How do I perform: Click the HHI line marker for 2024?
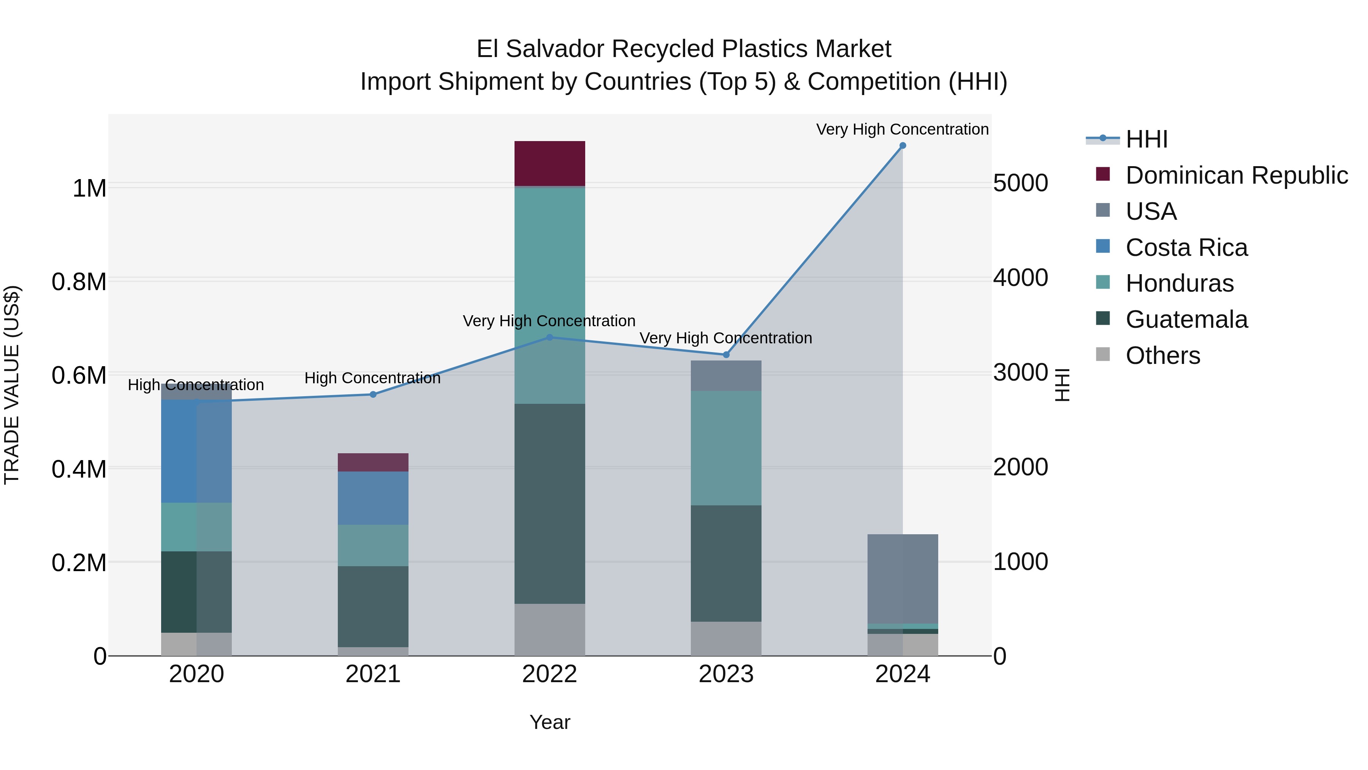pos(902,146)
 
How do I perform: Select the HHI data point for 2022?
pos(549,337)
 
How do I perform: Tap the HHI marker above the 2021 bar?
pos(373,394)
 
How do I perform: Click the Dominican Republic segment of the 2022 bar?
pos(549,163)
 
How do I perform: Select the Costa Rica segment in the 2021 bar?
pos(373,498)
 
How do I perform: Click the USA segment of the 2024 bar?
pos(902,579)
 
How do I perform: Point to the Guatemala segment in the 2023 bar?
pos(726,563)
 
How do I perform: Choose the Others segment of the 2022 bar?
pos(549,630)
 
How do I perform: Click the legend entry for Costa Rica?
pos(1186,248)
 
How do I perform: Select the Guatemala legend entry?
pos(1186,319)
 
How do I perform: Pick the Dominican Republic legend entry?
pos(1236,175)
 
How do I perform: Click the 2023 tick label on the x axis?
pos(726,674)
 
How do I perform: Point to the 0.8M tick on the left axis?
pos(79,282)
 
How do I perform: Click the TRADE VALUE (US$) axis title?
pos(12,385)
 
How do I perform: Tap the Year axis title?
pos(549,722)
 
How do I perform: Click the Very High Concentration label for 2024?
pos(902,129)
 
